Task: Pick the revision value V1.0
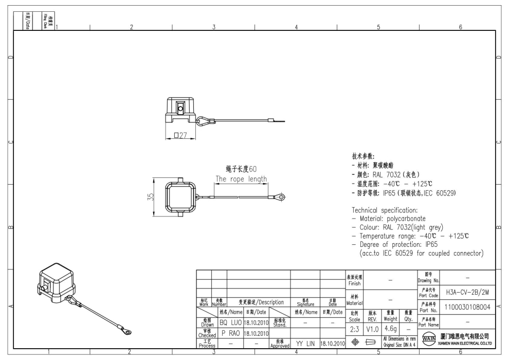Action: tap(373, 327)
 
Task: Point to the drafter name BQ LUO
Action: tap(230, 322)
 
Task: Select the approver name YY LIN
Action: tap(305, 344)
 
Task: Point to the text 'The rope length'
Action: tap(241, 179)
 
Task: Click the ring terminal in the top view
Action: tap(280, 196)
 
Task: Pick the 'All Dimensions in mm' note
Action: tap(399, 338)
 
